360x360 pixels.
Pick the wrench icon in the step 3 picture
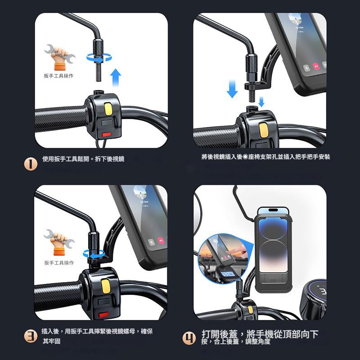click(56, 241)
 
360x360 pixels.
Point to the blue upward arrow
click(116, 77)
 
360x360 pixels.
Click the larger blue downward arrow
click(232, 89)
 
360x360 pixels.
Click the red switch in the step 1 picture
click(107, 134)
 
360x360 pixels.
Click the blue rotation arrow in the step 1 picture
click(100, 58)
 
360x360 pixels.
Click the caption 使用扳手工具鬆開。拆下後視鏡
click(83, 159)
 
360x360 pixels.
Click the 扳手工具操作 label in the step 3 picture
click(58, 263)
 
